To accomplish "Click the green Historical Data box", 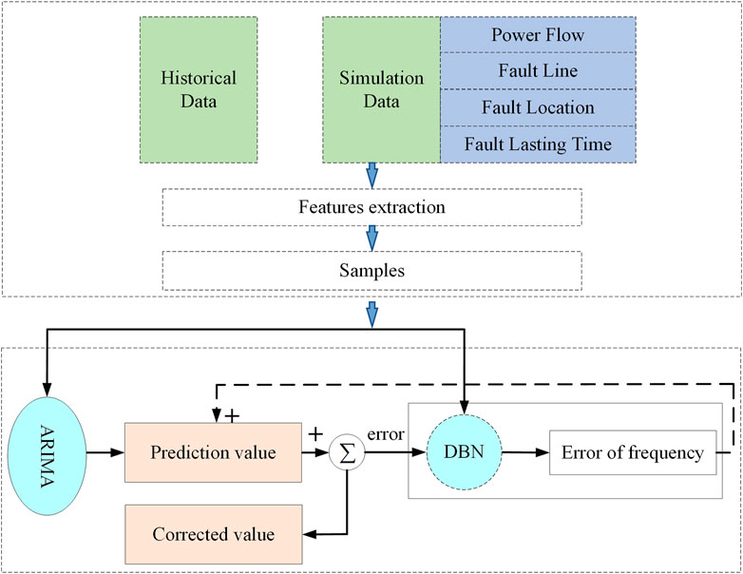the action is click(x=199, y=90).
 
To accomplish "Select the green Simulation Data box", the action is click(x=381, y=90).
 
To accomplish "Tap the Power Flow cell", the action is click(x=538, y=34).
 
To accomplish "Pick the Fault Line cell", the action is click(x=538, y=70).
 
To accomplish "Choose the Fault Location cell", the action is click(x=538, y=107).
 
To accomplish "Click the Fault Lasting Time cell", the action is click(x=538, y=144).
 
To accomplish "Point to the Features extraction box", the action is click(x=371, y=207).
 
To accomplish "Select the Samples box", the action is click(x=371, y=271).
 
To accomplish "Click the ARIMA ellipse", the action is click(x=47, y=456).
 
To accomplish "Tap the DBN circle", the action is click(x=465, y=452).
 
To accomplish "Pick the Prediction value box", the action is click(x=213, y=452).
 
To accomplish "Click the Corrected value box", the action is click(x=213, y=534).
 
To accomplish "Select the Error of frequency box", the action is click(x=633, y=452).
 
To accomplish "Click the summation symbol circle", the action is click(x=347, y=452).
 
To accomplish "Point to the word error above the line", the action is click(x=386, y=434).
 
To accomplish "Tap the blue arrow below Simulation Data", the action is click(x=372, y=176).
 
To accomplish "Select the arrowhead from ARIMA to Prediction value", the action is click(x=117, y=452).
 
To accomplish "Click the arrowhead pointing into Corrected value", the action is click(x=310, y=534).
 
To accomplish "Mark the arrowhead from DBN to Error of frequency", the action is click(x=542, y=452).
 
